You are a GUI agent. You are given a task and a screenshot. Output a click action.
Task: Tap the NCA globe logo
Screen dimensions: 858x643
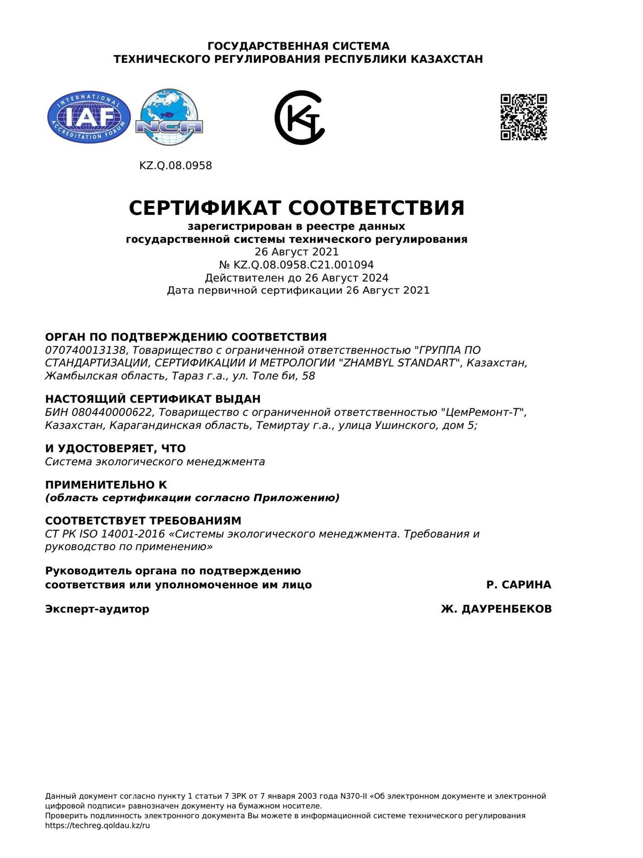(x=169, y=117)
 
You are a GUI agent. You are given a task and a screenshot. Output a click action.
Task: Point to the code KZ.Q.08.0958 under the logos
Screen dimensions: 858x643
(x=176, y=166)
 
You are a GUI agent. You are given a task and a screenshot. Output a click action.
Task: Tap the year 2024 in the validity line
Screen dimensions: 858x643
(x=375, y=278)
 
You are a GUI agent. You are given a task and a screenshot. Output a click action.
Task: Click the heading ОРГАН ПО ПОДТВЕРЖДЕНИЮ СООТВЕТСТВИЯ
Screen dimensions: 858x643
(x=186, y=337)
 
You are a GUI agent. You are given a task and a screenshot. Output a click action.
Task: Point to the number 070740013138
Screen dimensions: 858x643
(x=86, y=350)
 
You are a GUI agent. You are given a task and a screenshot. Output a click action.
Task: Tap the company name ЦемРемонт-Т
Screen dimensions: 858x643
(x=482, y=412)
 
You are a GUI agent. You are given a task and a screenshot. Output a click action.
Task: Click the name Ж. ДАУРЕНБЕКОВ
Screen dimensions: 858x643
(x=496, y=609)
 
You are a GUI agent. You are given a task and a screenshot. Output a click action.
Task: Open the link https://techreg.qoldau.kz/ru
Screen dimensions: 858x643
(x=98, y=825)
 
